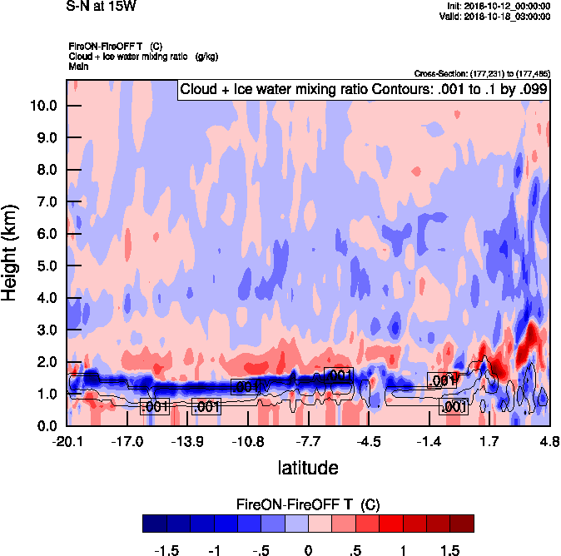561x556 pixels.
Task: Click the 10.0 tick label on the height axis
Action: pyautogui.click(x=42, y=106)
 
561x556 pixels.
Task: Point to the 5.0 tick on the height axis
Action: pyautogui.click(x=42, y=266)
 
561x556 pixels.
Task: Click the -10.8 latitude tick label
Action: pyautogui.click(x=248, y=441)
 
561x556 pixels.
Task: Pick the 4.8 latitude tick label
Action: pyautogui.click(x=549, y=441)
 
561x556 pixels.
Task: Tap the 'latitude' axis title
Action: pyautogui.click(x=308, y=468)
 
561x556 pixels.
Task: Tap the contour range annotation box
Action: pyautogui.click(x=363, y=89)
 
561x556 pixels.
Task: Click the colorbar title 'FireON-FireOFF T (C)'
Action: pyautogui.click(x=308, y=504)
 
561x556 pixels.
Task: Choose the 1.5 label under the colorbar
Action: pyautogui.click(x=450, y=550)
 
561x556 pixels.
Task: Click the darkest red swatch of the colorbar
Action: pyautogui.click(x=462, y=524)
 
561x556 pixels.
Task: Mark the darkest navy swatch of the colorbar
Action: pyautogui.click(x=154, y=524)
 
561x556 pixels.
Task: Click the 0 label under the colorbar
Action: pyautogui.click(x=308, y=550)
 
